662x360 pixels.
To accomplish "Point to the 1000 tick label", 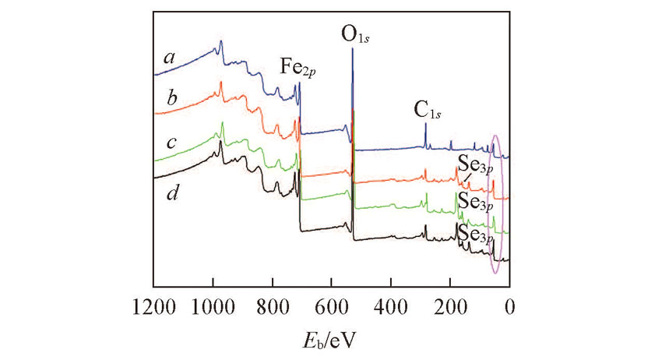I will click(213, 305).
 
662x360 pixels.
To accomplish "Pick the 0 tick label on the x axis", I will click(509, 305).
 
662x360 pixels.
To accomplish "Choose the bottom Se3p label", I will click(474, 233).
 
